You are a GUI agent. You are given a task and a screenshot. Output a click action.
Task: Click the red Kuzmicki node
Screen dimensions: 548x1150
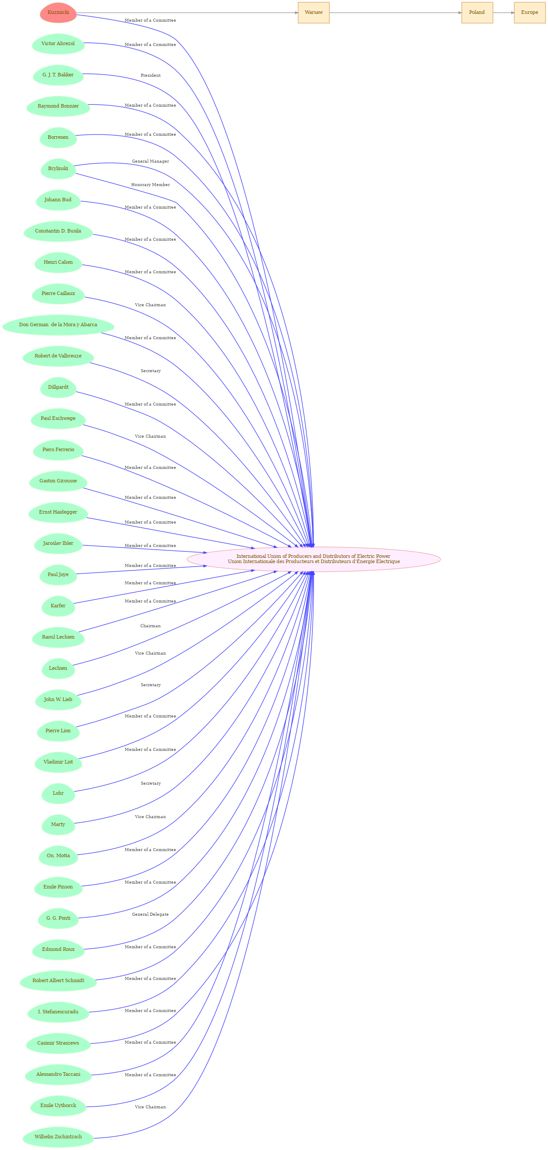coord(58,13)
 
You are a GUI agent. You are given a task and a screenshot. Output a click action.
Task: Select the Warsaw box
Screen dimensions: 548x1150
coord(314,13)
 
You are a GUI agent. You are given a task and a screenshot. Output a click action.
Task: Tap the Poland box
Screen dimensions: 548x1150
coord(477,13)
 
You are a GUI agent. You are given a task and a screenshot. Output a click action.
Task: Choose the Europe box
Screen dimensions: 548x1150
coord(529,13)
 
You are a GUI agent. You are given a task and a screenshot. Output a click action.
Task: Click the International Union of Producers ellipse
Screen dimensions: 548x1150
coord(314,559)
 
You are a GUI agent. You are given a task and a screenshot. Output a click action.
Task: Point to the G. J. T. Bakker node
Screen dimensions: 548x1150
coord(58,75)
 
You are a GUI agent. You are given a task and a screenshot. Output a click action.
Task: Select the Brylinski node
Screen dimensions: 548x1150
coord(58,169)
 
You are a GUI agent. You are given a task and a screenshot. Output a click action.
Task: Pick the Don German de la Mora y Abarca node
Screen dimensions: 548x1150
coord(58,325)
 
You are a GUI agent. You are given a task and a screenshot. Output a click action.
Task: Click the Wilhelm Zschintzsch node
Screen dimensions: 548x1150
coord(58,1137)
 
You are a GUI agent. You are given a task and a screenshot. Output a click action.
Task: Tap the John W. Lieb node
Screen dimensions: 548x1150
coord(58,700)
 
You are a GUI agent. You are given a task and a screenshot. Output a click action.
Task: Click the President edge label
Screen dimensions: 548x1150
coord(150,75)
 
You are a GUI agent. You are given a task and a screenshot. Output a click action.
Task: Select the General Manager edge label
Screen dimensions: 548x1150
coord(150,161)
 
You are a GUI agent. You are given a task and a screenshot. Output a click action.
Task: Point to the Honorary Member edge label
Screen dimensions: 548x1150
coord(150,185)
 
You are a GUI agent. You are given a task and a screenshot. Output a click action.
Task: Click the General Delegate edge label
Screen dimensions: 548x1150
coord(150,914)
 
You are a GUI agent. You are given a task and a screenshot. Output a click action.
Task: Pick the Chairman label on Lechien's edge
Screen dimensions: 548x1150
coord(150,626)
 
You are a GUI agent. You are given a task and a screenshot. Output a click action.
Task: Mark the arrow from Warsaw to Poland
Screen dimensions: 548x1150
coord(396,13)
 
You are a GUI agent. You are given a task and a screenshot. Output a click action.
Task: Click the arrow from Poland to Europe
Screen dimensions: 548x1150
coord(503,13)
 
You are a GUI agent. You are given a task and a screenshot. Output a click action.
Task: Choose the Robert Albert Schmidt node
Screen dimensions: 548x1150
coord(58,980)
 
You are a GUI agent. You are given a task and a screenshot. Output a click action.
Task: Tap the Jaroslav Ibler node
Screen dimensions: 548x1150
coord(58,543)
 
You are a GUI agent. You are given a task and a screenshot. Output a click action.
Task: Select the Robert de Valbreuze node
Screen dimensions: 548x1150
coord(58,356)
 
